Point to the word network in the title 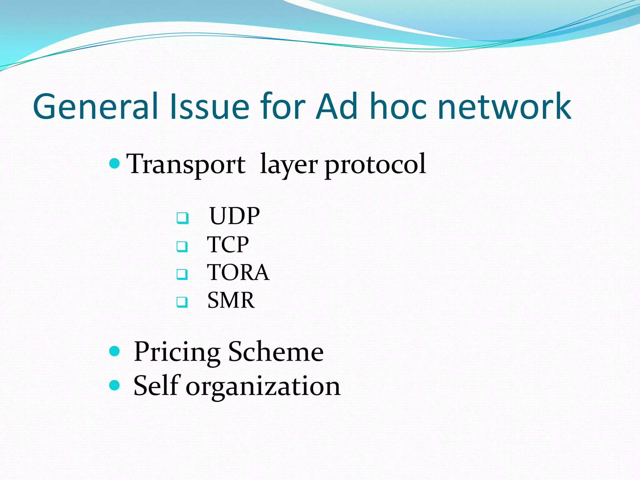(504, 107)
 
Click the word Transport (186, 164)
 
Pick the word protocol (375, 165)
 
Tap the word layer (289, 165)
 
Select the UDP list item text (234, 216)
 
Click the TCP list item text (228, 244)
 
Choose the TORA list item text (238, 272)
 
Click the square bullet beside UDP (182, 218)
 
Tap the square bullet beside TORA (182, 274)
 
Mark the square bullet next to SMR (182, 302)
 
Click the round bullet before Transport (115, 163)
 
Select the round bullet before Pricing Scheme (115, 351)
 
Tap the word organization (263, 387)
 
